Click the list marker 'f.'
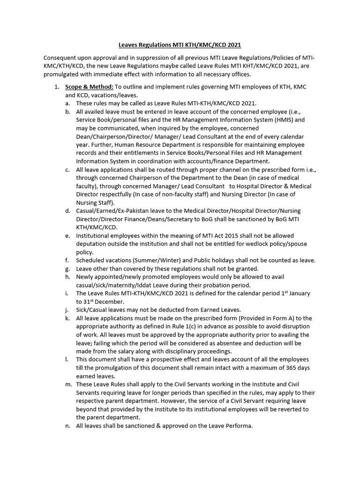(x=67, y=260)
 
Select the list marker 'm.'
(x=68, y=384)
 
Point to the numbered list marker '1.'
(x=56, y=87)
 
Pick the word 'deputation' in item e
(x=92, y=244)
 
